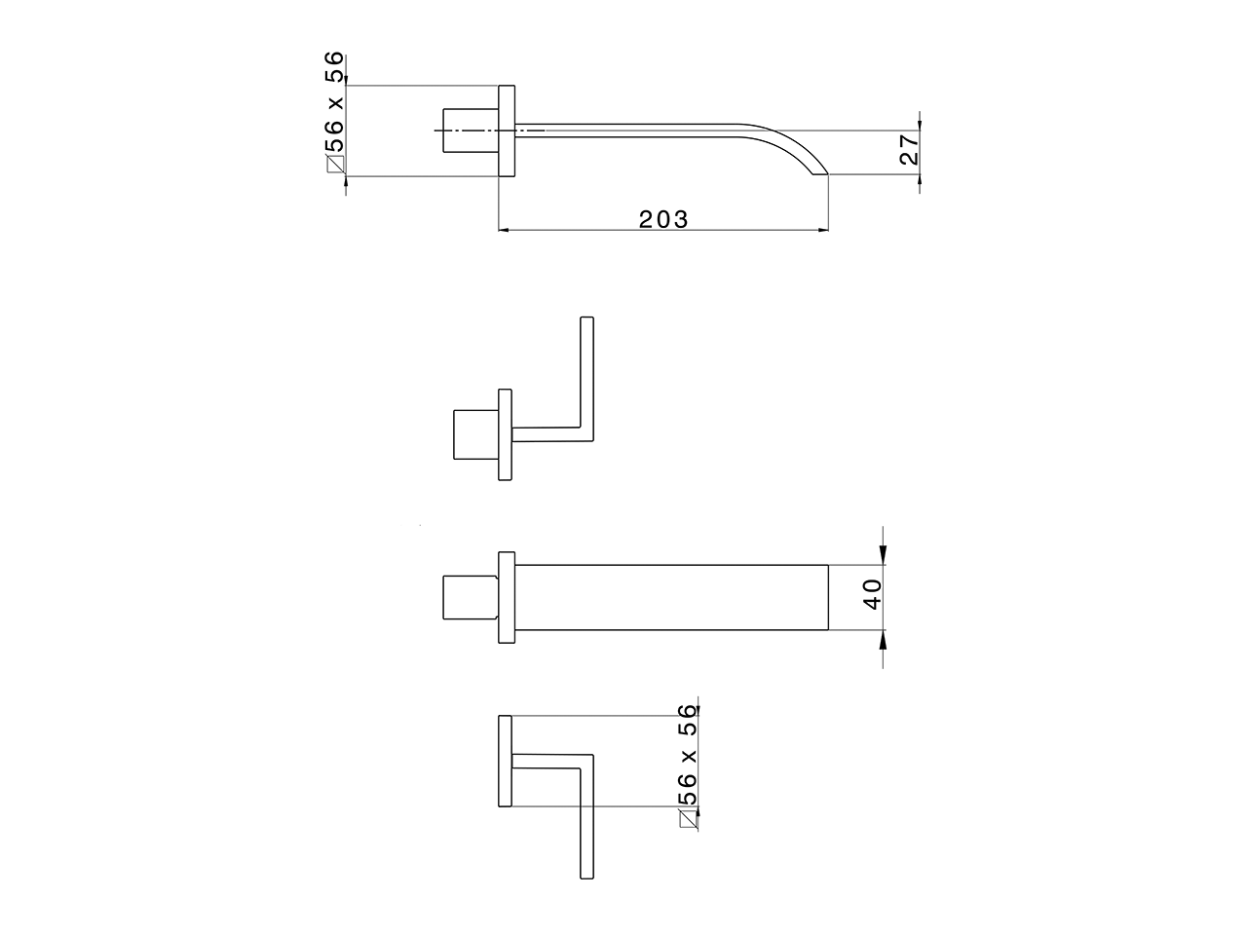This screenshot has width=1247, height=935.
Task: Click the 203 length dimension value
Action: point(663,219)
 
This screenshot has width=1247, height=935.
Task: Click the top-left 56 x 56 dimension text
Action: point(334,101)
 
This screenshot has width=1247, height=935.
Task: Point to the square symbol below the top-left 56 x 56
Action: point(336,165)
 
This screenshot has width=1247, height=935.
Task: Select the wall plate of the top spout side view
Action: point(507,131)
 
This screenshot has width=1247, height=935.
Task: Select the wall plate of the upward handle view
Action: point(505,434)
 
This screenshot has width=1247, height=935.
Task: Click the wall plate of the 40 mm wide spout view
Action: point(506,597)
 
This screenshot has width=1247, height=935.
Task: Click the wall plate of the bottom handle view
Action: point(505,761)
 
